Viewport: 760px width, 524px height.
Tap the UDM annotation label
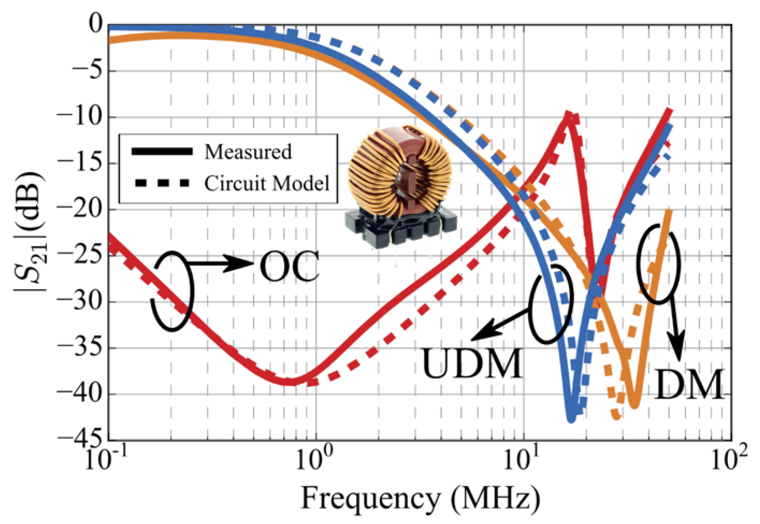click(x=472, y=364)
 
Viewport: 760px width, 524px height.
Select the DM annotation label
click(x=689, y=384)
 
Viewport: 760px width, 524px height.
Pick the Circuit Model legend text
click(x=266, y=183)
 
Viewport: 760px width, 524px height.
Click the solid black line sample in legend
click(x=162, y=151)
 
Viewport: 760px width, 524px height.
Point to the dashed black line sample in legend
click(x=162, y=183)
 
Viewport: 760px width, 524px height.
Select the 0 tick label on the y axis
click(x=95, y=25)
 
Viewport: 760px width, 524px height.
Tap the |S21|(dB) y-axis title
click(x=29, y=231)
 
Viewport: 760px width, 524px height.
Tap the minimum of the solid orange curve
click(x=635, y=406)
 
